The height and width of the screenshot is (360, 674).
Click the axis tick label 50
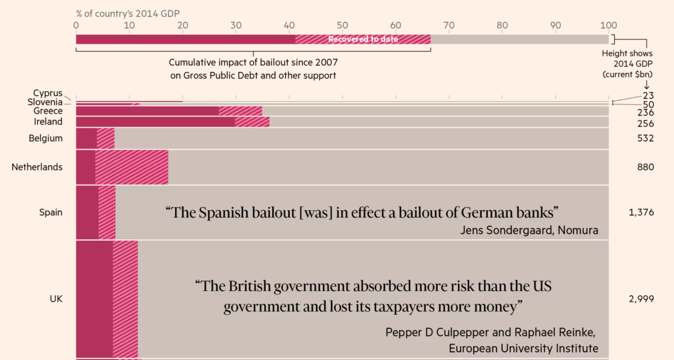click(x=342, y=26)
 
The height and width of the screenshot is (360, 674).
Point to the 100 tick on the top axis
click(x=608, y=26)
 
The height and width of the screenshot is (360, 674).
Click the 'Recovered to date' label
click(x=363, y=39)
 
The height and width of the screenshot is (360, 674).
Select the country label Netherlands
click(x=37, y=167)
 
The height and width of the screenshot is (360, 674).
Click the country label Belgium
click(x=46, y=138)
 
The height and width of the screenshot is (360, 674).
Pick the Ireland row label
click(x=48, y=122)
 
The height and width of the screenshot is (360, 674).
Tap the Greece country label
click(x=48, y=111)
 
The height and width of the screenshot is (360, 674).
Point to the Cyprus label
click(x=48, y=93)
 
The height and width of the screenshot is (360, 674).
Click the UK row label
click(x=56, y=299)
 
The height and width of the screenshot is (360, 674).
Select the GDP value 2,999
click(x=641, y=299)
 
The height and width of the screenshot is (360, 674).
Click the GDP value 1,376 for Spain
click(x=641, y=212)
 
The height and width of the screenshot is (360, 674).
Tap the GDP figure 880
click(x=645, y=167)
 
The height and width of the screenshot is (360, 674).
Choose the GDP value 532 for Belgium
click(x=645, y=138)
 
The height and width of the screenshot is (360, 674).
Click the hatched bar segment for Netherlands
click(x=132, y=167)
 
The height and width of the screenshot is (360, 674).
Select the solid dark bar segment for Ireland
click(x=155, y=122)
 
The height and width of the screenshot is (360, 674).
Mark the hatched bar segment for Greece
click(x=240, y=111)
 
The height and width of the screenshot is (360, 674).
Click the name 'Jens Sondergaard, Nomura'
click(x=529, y=230)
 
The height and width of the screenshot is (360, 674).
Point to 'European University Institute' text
click(x=523, y=349)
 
